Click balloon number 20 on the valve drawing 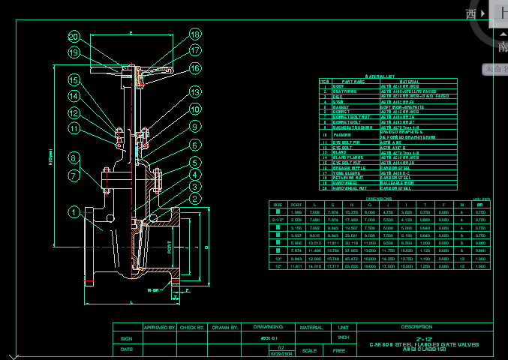(74, 36)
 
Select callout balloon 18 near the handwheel (195, 34)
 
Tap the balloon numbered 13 (195, 93)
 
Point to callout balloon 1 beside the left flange (74, 212)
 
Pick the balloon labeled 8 (74, 157)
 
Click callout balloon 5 (195, 163)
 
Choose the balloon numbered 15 (74, 79)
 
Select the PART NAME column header (352, 82)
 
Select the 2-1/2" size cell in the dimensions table (278, 220)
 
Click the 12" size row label (278, 266)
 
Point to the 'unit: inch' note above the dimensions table (481, 199)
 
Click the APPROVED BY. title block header (159, 328)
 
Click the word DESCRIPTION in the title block (417, 327)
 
